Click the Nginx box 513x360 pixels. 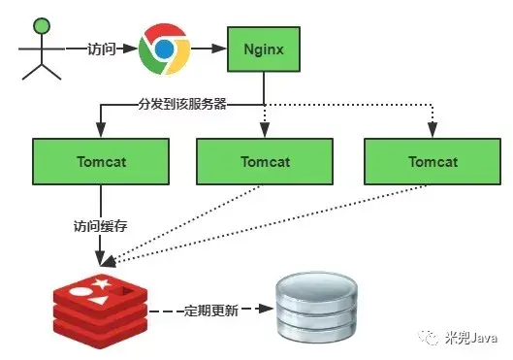264,48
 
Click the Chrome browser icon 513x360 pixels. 162,49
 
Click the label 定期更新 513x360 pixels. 212,311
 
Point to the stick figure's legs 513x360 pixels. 40,68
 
